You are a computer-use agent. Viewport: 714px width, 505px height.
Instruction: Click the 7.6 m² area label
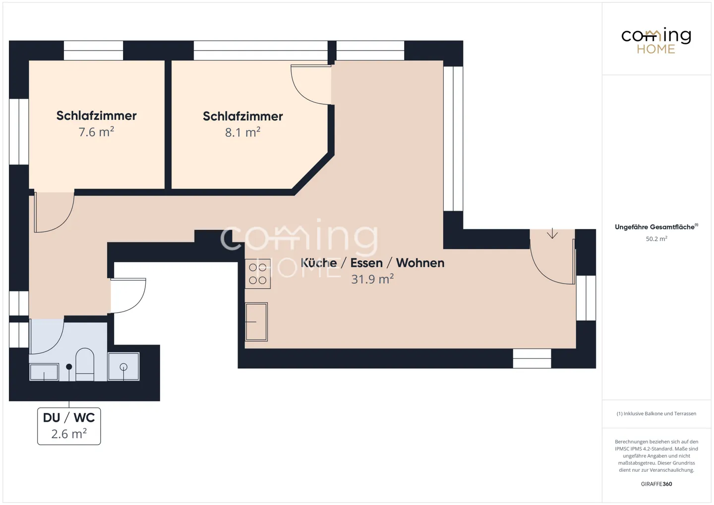96,132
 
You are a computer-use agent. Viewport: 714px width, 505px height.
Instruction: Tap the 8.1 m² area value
242,133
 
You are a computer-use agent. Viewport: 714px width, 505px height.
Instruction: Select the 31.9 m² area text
372,280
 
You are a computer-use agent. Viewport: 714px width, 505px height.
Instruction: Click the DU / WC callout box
69,426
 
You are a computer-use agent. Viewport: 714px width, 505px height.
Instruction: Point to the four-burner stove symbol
257,274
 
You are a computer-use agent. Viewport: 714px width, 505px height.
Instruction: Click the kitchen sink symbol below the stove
256,322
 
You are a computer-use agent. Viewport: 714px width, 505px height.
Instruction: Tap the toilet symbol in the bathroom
85,364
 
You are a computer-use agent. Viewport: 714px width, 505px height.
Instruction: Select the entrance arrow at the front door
552,233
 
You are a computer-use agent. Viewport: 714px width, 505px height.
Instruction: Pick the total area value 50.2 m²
656,239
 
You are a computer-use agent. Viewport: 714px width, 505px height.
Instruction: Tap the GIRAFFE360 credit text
656,484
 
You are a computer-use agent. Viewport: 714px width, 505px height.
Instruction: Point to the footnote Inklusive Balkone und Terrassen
656,414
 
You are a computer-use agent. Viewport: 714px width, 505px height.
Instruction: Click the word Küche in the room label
319,263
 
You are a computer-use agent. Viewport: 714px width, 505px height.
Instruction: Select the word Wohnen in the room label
420,263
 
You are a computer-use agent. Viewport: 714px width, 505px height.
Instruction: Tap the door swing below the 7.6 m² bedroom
54,212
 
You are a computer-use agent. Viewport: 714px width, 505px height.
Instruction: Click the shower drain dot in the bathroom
69,367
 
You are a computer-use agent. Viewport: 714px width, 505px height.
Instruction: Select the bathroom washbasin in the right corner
123,367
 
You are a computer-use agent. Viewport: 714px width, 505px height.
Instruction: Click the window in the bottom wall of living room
532,358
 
